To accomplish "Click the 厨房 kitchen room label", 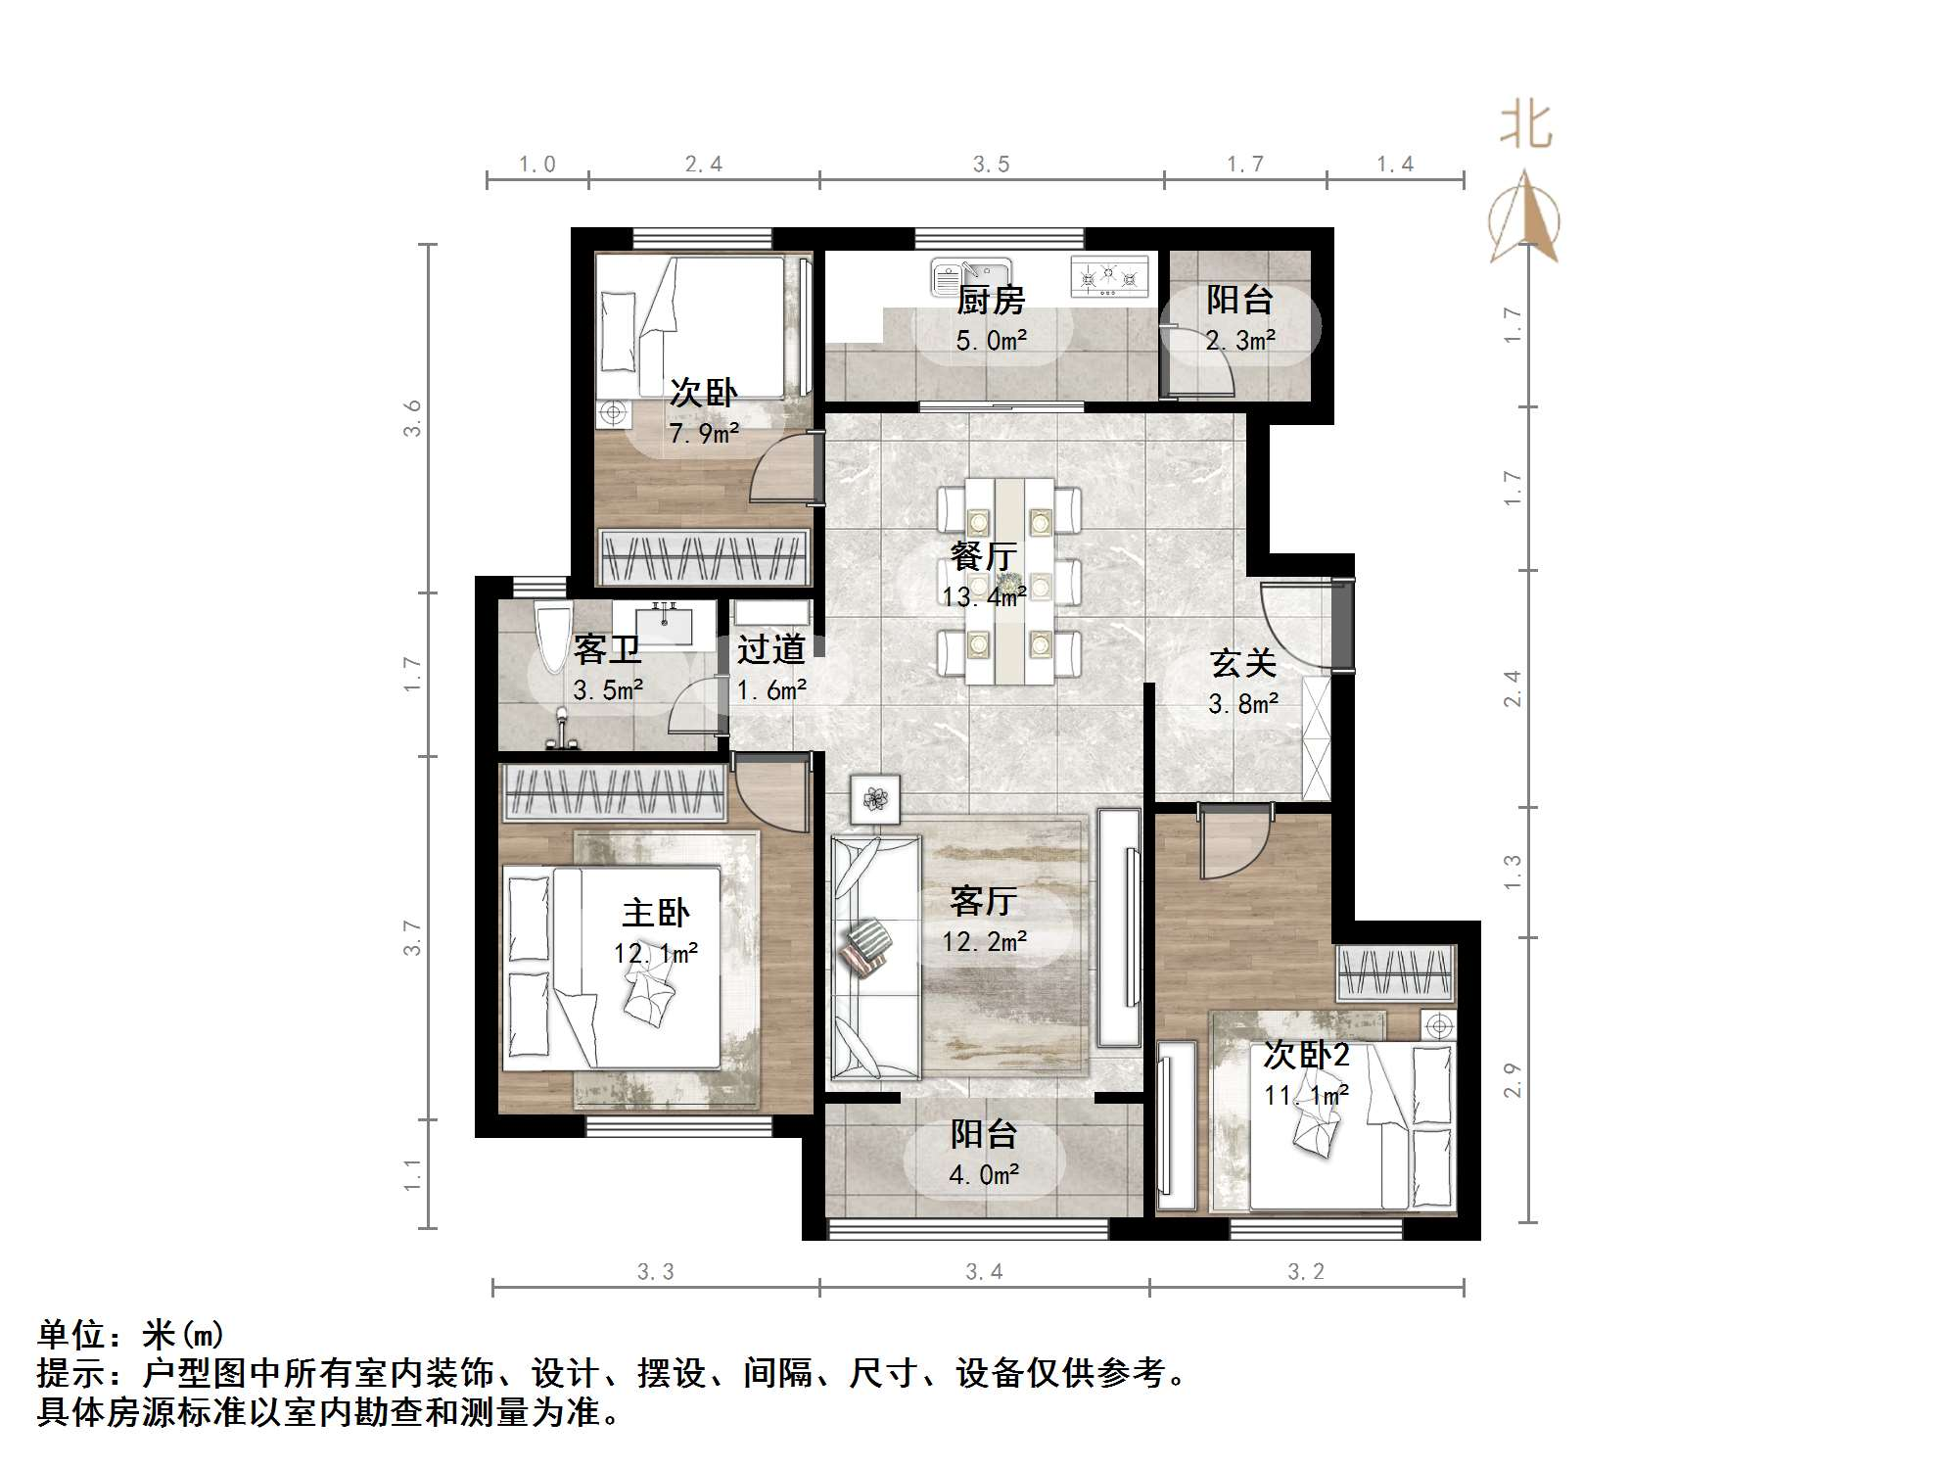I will (990, 300).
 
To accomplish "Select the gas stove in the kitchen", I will (1108, 277).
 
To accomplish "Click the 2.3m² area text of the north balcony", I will (1239, 341).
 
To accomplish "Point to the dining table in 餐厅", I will (1009, 581).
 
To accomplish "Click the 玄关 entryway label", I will (1242, 664).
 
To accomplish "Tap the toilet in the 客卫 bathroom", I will (552, 637).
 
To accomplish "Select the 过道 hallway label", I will (770, 649).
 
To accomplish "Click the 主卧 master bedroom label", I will (655, 913).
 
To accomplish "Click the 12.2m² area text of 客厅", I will (984, 941).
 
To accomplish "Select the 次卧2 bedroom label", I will (1305, 1055).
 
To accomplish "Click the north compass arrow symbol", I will (1523, 217).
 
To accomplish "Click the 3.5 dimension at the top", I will (991, 165).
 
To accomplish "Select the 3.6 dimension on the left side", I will (412, 418).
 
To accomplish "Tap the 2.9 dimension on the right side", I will (1513, 1079).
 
